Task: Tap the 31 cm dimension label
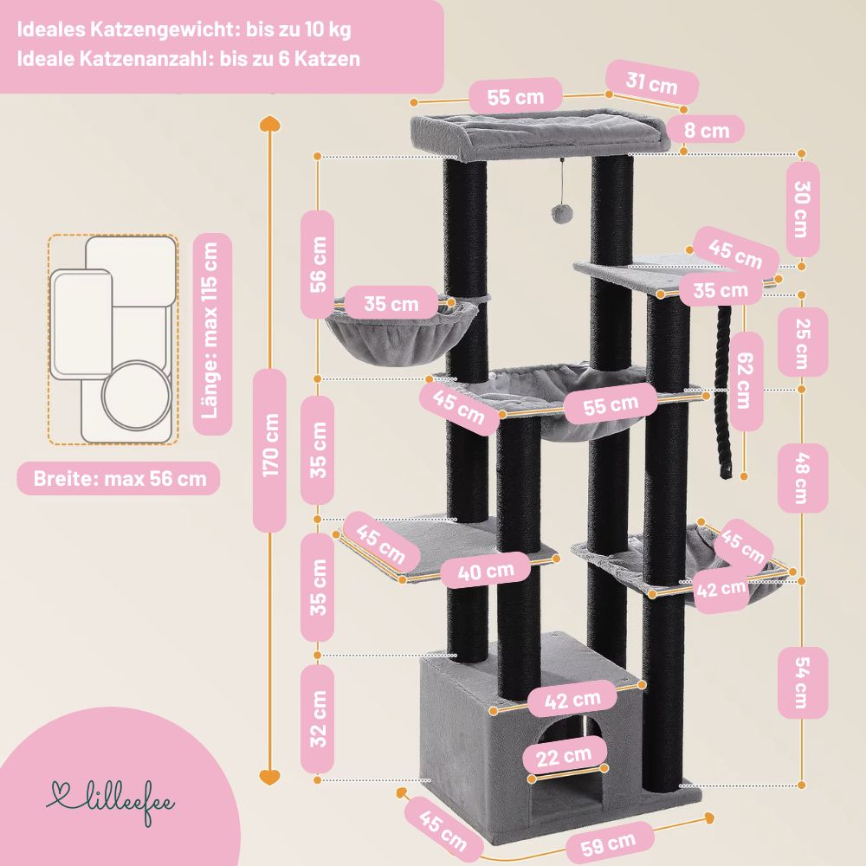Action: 652,85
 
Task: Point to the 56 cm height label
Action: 318,264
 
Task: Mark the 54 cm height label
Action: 803,682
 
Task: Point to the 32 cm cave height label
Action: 318,719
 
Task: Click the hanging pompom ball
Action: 563,213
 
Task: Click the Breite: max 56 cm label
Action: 119,478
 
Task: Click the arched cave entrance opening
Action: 567,762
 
